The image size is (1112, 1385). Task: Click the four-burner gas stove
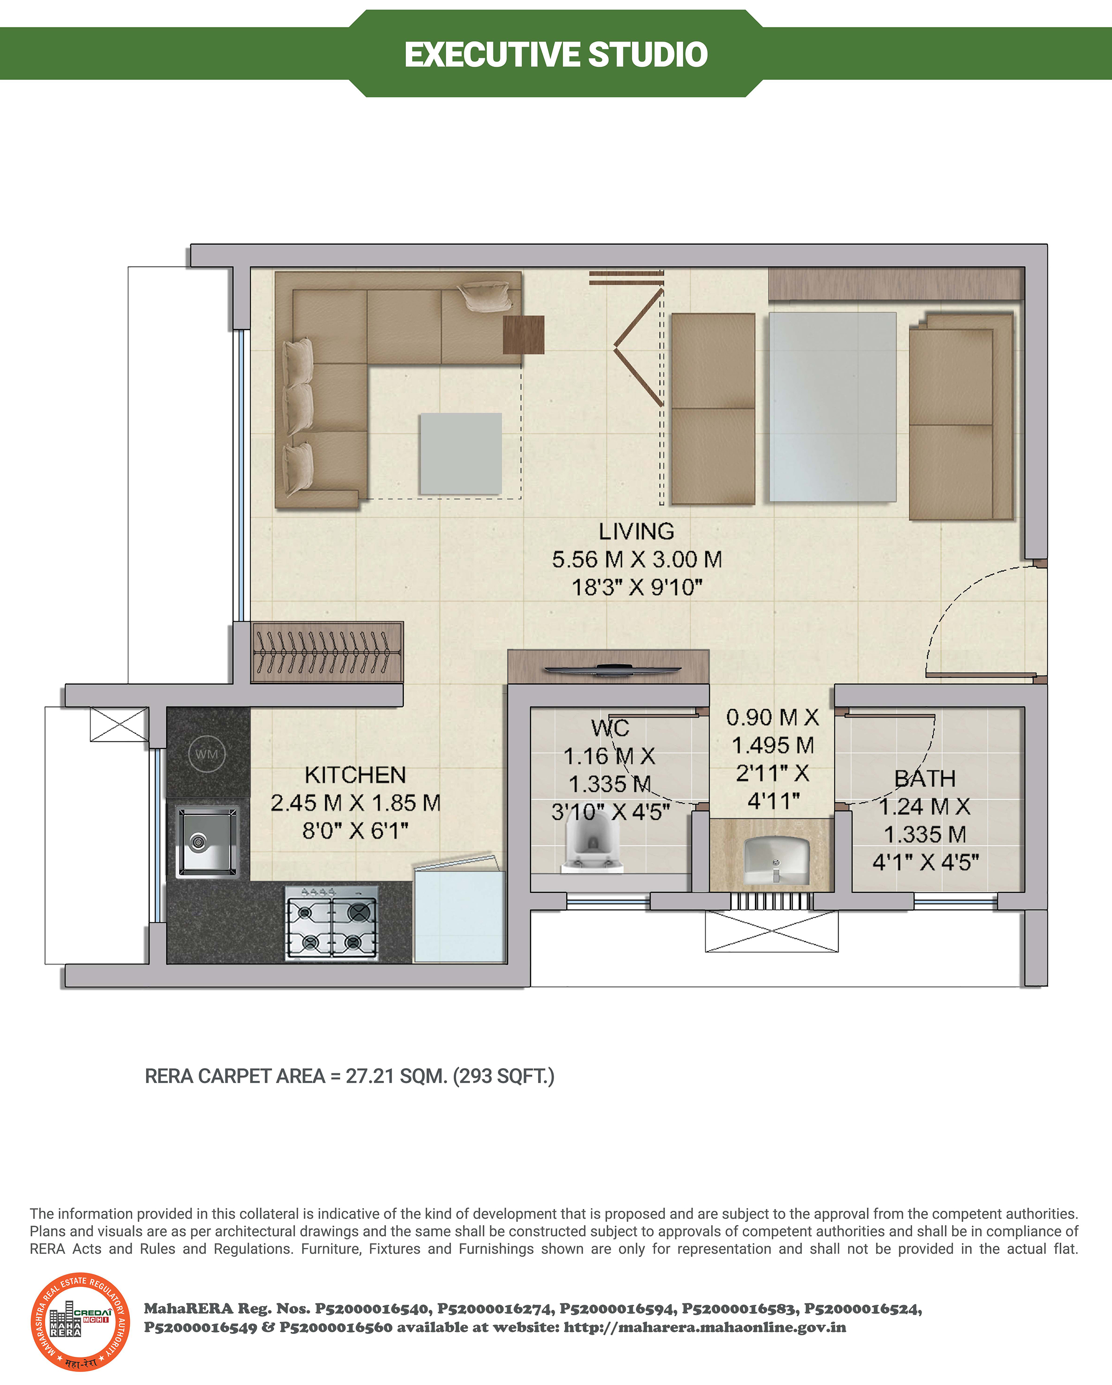pyautogui.click(x=332, y=924)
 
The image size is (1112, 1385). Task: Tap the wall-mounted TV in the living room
pyautogui.click(x=612, y=671)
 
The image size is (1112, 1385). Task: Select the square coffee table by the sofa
pyautogui.click(x=460, y=454)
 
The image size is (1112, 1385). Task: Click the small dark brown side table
pyautogui.click(x=524, y=335)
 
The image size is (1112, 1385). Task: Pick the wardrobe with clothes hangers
pyautogui.click(x=327, y=652)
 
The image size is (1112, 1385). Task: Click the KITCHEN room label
pyautogui.click(x=355, y=775)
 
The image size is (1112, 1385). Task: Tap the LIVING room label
pyautogui.click(x=637, y=531)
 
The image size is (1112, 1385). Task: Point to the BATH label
pyautogui.click(x=925, y=779)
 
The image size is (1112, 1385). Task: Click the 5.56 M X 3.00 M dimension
pyautogui.click(x=637, y=559)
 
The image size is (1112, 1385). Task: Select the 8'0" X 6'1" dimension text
pyautogui.click(x=355, y=830)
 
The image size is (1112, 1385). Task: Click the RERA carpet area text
pyautogui.click(x=349, y=1076)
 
